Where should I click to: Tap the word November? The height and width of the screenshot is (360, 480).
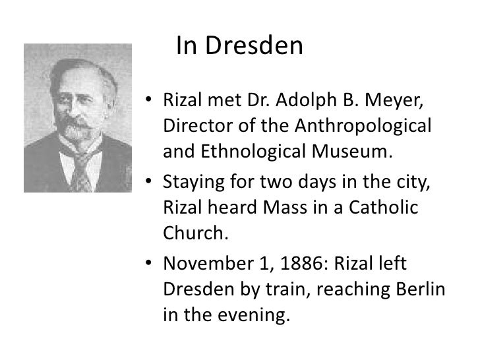204,264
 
